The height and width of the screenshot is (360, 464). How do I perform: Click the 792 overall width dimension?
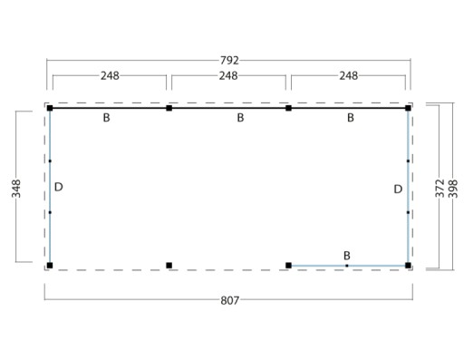(x=229, y=61)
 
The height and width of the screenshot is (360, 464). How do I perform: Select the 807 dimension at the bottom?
(x=229, y=300)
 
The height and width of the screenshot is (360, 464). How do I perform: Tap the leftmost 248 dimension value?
(x=110, y=75)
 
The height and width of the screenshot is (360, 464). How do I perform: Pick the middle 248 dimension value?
(x=228, y=75)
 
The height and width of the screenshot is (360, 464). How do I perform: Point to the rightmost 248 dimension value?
(x=349, y=75)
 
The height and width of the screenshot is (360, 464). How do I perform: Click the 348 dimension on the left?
(x=16, y=189)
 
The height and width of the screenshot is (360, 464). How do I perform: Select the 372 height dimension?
(x=440, y=189)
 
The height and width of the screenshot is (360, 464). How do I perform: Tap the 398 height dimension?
(x=453, y=189)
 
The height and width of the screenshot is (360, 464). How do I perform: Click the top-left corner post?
(x=50, y=108)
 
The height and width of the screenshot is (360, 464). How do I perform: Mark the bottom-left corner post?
(x=50, y=266)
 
